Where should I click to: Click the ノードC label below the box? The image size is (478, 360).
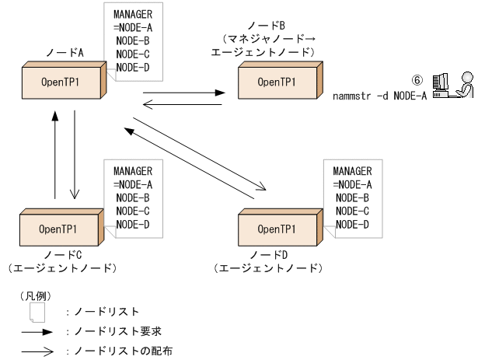[59, 255]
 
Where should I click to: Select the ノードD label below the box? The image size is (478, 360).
[266, 255]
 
